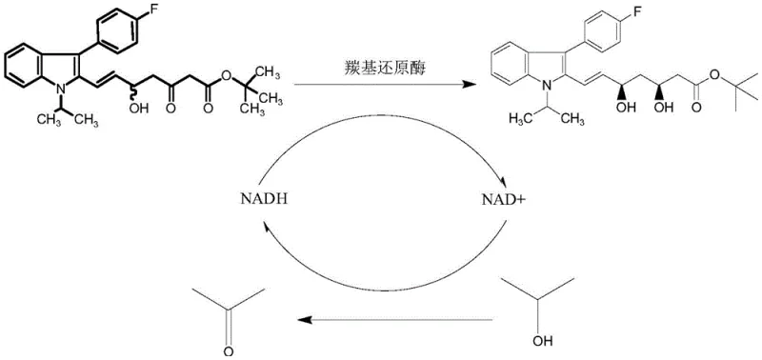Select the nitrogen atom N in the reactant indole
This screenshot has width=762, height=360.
click(x=56, y=87)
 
